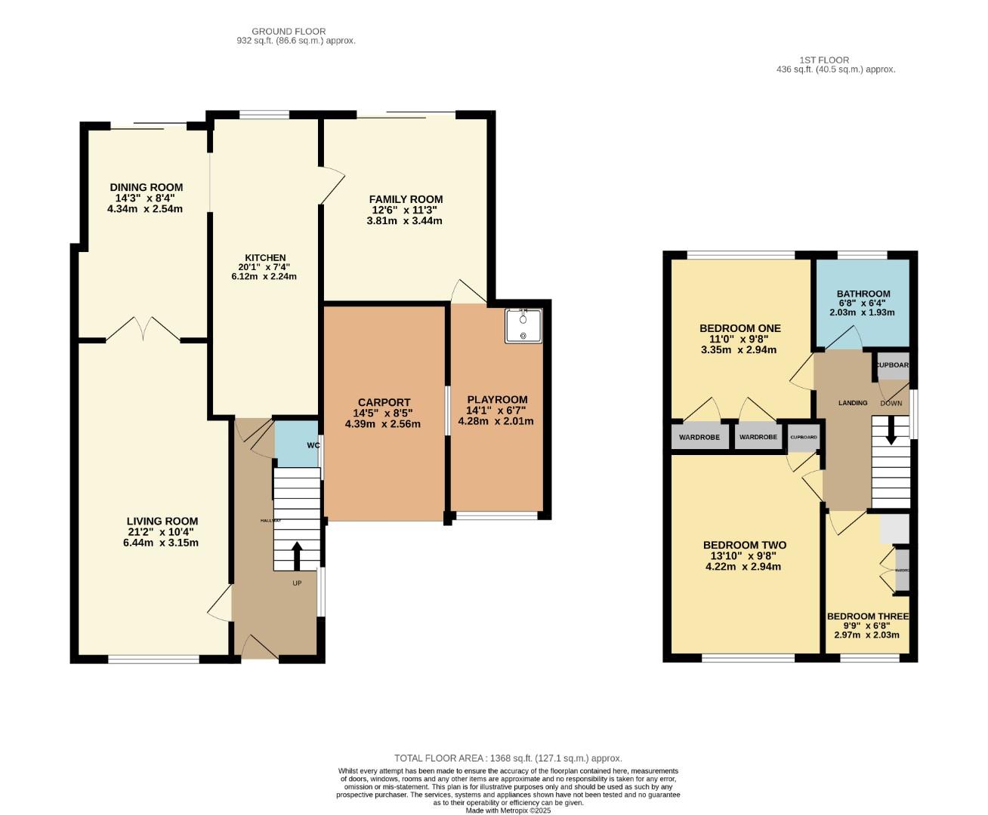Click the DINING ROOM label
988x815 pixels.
point(146,187)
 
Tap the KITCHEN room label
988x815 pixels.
point(264,257)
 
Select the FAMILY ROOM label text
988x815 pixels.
point(406,199)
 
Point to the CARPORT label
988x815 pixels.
point(382,402)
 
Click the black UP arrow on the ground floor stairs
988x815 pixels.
point(295,555)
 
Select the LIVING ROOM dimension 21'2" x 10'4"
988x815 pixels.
point(162,532)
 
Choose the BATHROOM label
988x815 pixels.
point(863,294)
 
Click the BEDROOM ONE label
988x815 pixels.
point(739,328)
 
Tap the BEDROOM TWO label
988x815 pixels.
point(744,545)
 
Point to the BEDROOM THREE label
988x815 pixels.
point(867,616)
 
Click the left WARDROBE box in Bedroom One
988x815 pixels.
point(699,437)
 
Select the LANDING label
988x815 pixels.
point(852,403)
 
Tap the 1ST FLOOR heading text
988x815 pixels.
point(823,60)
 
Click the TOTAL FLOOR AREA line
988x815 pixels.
point(508,758)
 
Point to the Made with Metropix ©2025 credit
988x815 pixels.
point(508,810)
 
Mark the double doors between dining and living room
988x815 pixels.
point(143,330)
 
